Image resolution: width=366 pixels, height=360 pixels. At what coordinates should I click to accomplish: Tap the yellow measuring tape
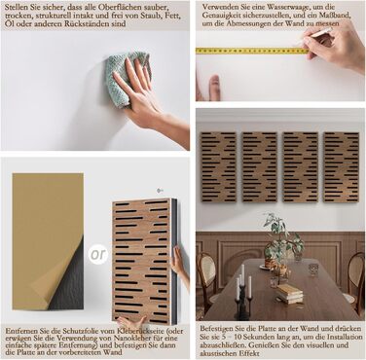click(x=251, y=51)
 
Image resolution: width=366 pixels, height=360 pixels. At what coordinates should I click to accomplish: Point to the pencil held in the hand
click(x=313, y=36)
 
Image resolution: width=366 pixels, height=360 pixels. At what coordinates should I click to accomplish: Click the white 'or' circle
click(x=98, y=254)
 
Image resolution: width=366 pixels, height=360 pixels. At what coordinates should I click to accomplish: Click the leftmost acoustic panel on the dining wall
click(x=218, y=167)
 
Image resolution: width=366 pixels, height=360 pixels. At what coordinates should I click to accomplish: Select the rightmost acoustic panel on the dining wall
click(x=341, y=167)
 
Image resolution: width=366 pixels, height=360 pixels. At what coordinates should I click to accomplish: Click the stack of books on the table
click(x=289, y=293)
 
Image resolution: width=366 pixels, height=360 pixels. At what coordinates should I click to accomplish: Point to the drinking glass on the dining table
click(x=313, y=269)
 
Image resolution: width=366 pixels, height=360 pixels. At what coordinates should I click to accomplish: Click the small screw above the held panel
click(x=159, y=190)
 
